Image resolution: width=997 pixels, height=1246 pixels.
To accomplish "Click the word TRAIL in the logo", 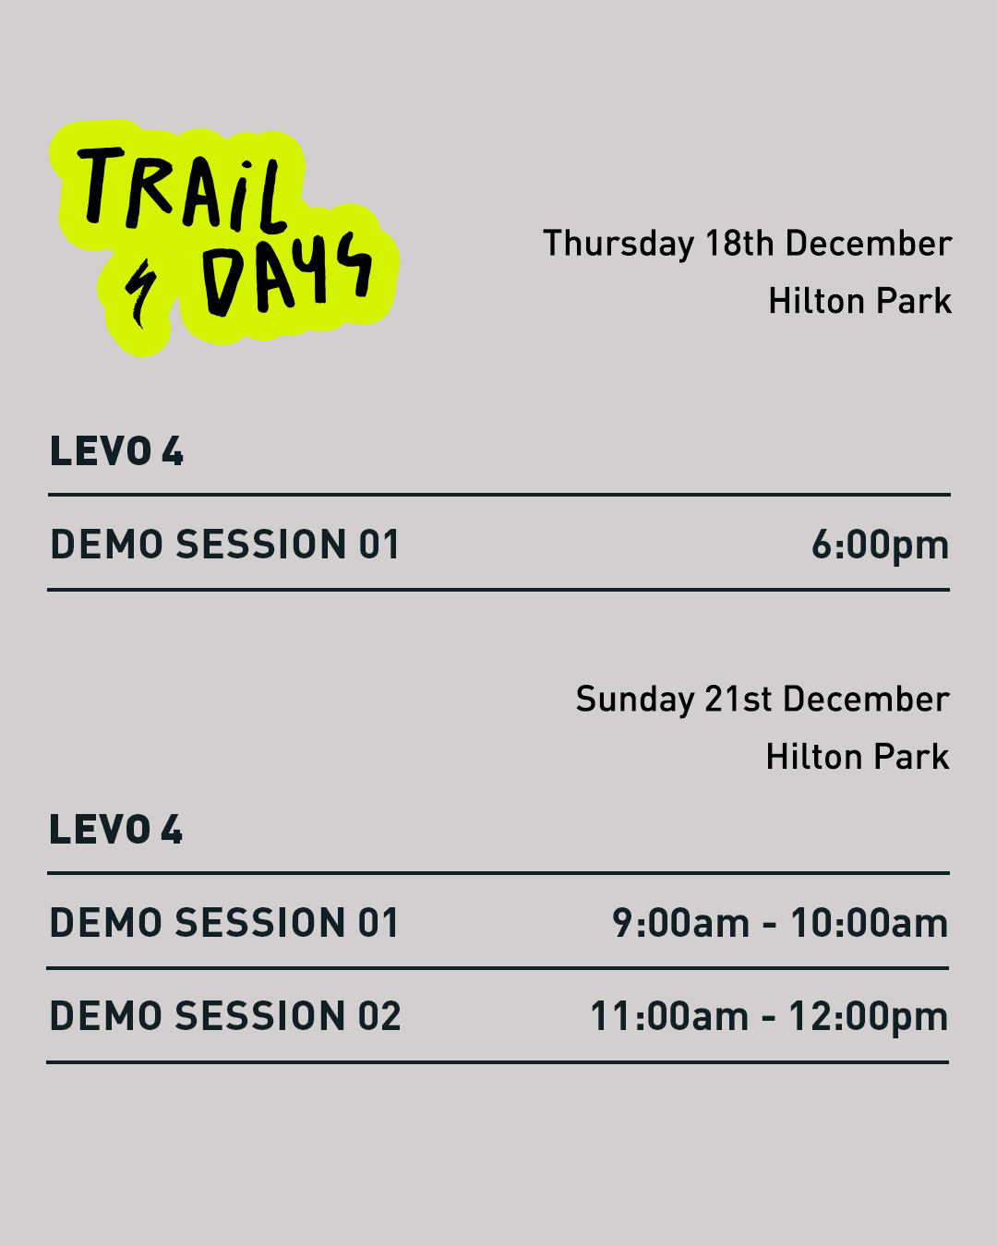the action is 181,189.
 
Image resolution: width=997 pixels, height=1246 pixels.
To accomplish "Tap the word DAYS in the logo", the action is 287,274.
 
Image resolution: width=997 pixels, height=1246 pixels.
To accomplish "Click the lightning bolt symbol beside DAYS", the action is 140,293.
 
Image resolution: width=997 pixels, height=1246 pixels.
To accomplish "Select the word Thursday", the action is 619,244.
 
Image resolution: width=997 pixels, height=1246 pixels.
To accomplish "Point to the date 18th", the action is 739,243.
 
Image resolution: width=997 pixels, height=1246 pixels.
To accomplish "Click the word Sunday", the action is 635,700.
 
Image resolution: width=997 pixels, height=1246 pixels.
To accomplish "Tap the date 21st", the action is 738,700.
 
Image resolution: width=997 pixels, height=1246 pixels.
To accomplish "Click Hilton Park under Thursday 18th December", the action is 859,301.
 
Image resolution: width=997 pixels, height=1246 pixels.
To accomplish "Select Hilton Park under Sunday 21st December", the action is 858,757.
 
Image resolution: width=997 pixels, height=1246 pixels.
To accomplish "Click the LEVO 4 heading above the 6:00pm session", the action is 116,451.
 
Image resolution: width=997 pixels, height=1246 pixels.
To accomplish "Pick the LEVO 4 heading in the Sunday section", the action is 115,829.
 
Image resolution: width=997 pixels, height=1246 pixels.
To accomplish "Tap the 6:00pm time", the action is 880,546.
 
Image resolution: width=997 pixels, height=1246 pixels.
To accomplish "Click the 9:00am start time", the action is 680,922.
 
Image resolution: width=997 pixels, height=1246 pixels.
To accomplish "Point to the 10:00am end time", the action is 869,922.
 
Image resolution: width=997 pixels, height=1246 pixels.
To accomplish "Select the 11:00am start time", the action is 669,1016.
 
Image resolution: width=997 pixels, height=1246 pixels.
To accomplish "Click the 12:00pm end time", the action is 868,1018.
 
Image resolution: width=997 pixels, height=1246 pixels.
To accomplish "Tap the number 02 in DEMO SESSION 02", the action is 379,1016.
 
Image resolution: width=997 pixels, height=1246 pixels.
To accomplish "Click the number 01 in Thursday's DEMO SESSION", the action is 378,545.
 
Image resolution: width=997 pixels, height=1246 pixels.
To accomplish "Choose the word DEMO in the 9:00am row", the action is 105,922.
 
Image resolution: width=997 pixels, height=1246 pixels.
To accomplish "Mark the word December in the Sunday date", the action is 866,700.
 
